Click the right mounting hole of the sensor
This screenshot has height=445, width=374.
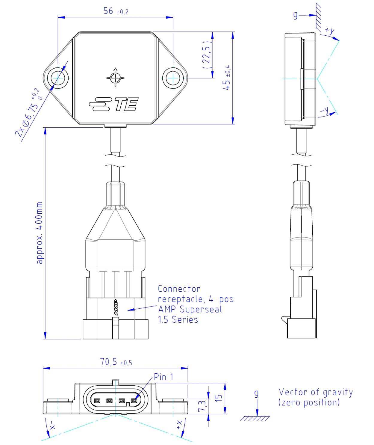[173, 78]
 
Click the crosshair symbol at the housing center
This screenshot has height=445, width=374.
[115, 78]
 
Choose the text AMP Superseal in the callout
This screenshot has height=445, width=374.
[190, 309]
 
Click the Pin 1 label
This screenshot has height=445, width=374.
[163, 377]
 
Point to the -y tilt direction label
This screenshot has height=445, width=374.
[325, 111]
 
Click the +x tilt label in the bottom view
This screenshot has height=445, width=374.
[179, 424]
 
